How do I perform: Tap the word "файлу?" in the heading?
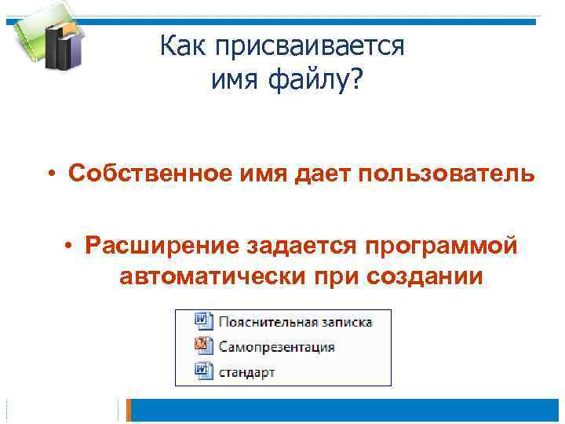coord(320,79)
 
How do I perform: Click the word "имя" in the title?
coord(235,79)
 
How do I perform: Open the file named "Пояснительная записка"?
coord(294,322)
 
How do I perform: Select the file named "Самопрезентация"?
coord(276,347)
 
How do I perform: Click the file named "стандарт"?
coord(246,372)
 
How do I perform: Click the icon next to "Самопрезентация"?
coord(202,346)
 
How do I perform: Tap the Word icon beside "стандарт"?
coord(202,371)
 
